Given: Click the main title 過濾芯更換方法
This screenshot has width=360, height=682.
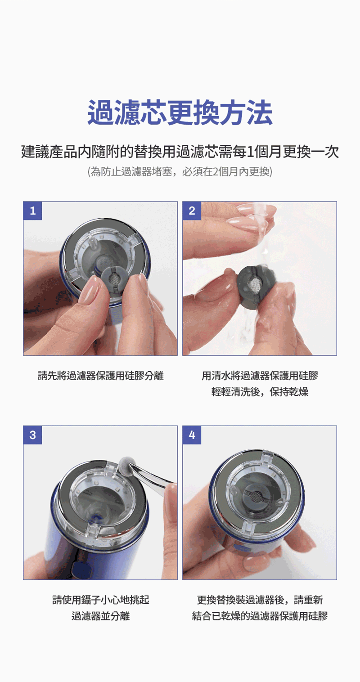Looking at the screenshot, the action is [180, 113].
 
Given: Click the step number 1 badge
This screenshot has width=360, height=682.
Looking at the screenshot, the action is [32, 211].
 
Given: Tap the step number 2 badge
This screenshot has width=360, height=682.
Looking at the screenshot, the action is [192, 211].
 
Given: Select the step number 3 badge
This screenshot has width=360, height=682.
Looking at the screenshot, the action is [32, 435].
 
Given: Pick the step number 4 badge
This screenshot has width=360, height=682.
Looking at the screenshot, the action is [192, 435].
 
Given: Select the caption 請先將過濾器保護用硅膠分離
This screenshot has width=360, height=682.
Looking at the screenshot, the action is [100, 375].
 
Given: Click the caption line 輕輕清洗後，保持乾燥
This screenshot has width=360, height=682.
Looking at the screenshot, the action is [260, 391].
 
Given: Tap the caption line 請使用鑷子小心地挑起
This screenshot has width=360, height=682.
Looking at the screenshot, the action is [100, 600].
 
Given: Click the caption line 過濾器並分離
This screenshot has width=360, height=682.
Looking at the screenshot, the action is [100, 616].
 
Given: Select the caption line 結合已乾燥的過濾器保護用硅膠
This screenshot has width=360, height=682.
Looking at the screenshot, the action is [260, 616].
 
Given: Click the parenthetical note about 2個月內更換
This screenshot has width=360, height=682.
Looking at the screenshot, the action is [180, 172].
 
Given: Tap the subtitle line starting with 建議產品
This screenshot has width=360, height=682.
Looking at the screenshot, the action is [180, 152].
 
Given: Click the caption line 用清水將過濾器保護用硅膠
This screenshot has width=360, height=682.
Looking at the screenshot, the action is [260, 375].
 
